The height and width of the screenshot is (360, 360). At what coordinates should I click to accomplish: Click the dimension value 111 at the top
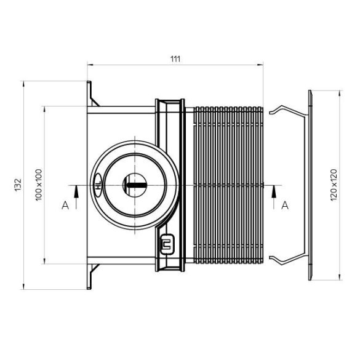[x=175, y=58]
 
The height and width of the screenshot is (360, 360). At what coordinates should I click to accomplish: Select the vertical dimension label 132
[x=18, y=185]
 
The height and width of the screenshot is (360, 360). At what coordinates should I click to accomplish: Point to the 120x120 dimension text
[x=334, y=185]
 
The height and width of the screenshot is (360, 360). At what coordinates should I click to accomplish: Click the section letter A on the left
[x=65, y=206]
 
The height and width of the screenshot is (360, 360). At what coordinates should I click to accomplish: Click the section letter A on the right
[x=284, y=206]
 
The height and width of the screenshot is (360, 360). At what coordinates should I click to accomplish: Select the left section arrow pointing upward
[x=75, y=196]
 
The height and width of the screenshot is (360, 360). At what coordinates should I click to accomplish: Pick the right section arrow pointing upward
[x=273, y=196]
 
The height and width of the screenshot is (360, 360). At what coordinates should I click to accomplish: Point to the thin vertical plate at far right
[x=311, y=185]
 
